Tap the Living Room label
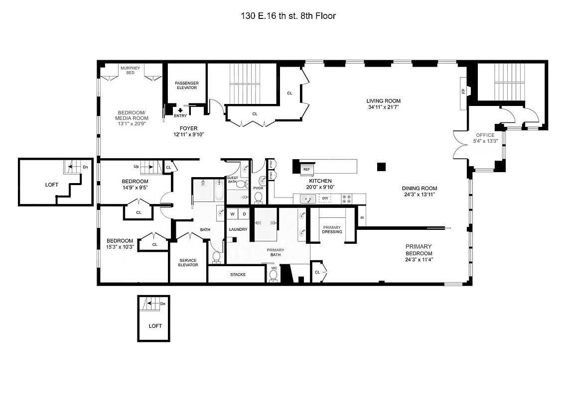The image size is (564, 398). click(x=384, y=101)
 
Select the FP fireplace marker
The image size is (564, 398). click(x=463, y=92)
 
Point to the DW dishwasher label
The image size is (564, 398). click(x=325, y=199)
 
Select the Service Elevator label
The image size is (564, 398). click(x=188, y=263)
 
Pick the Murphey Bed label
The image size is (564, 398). click(x=130, y=70)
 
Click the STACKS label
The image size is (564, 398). click(x=238, y=275)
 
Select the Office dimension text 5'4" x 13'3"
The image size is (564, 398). click(x=485, y=141)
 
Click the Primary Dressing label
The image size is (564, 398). click(x=332, y=229)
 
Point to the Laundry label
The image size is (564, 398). click(x=238, y=229)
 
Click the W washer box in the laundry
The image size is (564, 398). click(x=232, y=214)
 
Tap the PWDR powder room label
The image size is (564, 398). click(x=258, y=188)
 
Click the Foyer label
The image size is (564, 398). click(x=188, y=128)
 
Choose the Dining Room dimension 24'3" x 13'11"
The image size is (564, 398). click(x=420, y=195)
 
